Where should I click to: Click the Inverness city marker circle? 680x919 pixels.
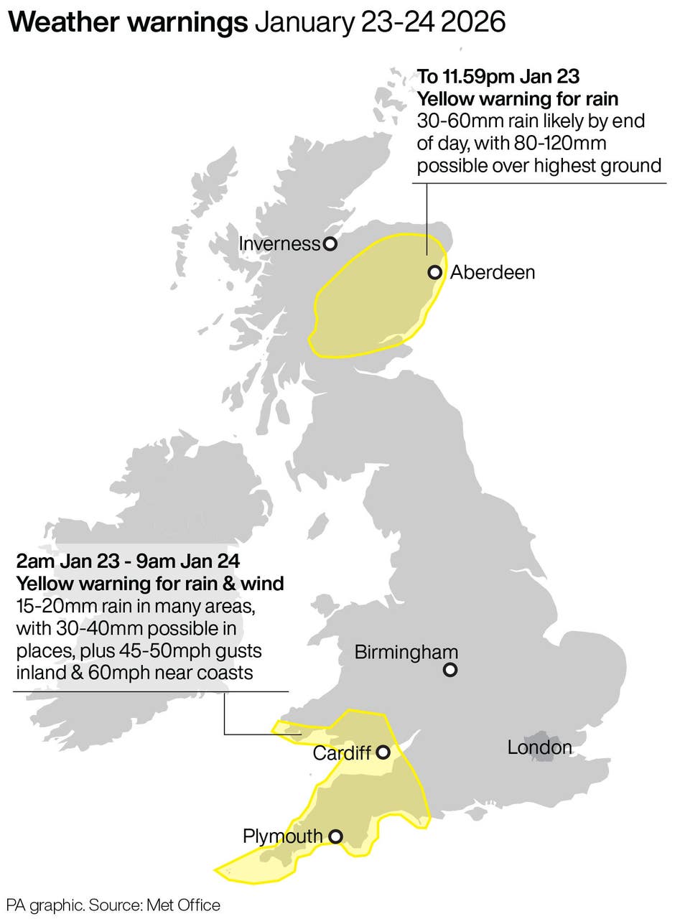(x=330, y=244)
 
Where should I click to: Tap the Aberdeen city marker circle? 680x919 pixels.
(x=434, y=272)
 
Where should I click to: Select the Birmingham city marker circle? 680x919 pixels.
(x=450, y=670)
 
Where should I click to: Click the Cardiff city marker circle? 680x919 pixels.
(x=383, y=752)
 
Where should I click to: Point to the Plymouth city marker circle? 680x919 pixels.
(x=335, y=836)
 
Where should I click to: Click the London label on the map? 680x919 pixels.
(x=539, y=747)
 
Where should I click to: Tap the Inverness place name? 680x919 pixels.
(x=279, y=244)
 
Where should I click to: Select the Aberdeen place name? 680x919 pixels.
(x=492, y=273)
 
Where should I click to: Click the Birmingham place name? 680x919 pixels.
(x=406, y=653)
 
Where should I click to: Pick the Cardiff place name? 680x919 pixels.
(x=342, y=753)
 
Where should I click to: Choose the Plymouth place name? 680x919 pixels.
(x=283, y=836)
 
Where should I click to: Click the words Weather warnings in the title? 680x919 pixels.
(x=129, y=23)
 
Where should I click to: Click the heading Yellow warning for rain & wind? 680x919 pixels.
(x=150, y=584)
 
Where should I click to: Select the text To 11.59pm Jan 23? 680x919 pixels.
(x=498, y=76)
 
